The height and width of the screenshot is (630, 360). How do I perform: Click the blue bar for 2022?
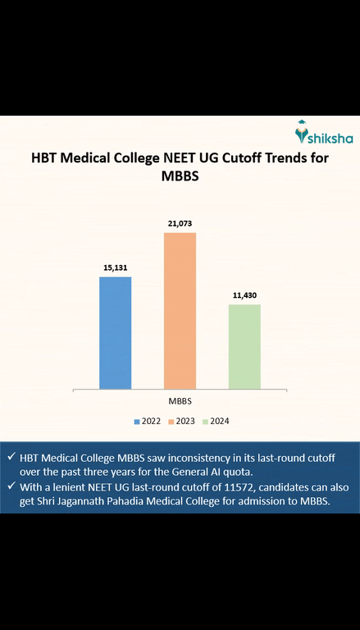click(115, 332)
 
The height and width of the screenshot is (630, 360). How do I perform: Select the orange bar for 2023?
click(180, 310)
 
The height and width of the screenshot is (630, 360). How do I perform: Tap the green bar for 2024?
click(244, 345)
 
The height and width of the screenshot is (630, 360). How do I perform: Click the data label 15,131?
click(115, 267)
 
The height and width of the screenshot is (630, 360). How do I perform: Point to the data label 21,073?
click(180, 223)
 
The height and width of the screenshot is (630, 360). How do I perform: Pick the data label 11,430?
click(244, 294)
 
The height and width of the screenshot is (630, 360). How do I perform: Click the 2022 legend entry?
click(148, 421)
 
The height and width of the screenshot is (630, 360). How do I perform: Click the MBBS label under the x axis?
click(180, 401)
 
